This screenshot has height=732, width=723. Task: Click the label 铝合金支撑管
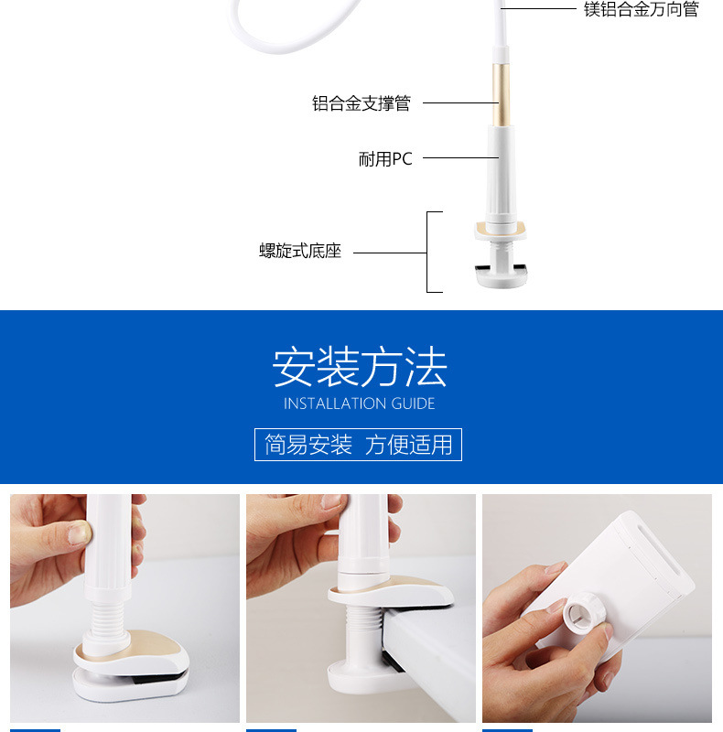pyautogui.click(x=361, y=103)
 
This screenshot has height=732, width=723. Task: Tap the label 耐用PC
pyautogui.click(x=385, y=159)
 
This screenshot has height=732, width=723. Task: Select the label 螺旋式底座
pyautogui.click(x=300, y=251)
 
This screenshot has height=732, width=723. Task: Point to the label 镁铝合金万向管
pyautogui.click(x=642, y=9)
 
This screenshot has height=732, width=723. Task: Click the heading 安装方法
pyautogui.click(x=360, y=367)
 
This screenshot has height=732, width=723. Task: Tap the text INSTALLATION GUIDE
pyautogui.click(x=359, y=404)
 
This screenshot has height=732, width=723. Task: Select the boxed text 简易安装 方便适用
pyautogui.click(x=358, y=445)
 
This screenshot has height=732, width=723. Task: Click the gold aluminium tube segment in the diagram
pyautogui.click(x=502, y=95)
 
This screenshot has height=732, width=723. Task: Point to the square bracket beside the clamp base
pyautogui.click(x=428, y=253)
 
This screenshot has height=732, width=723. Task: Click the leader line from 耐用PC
pyautogui.click(x=460, y=157)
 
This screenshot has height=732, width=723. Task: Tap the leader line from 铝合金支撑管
pyautogui.click(x=460, y=102)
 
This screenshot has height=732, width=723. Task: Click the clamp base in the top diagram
pyautogui.click(x=501, y=254)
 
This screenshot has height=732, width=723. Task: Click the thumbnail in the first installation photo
pyautogui.click(x=81, y=532)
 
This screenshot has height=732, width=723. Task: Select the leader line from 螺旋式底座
pyautogui.click(x=390, y=253)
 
